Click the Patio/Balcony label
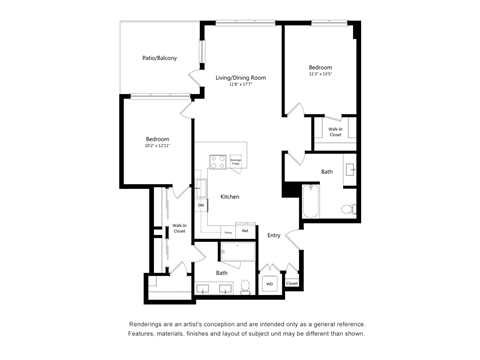point(159,58)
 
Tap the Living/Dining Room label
point(240,77)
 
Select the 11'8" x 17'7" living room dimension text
point(240,84)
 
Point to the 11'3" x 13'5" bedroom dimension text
point(320,73)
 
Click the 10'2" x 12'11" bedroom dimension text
point(157,146)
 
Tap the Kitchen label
point(230,197)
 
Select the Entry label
point(273,235)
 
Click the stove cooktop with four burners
point(214,158)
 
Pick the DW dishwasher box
point(201,205)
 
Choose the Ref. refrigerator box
point(245,231)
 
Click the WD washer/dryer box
point(269,284)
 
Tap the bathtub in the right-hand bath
point(311,200)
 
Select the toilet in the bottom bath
point(243,288)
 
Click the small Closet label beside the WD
point(291,283)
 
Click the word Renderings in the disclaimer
point(148,324)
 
